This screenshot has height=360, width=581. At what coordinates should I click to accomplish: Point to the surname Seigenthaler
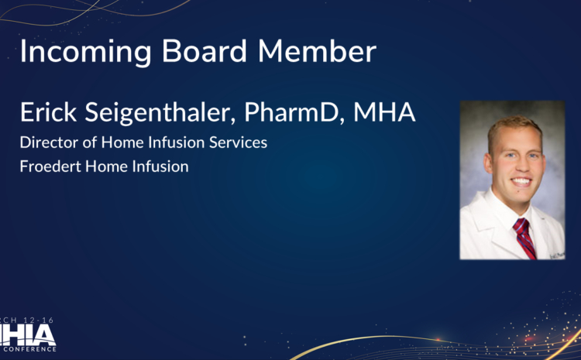coord(160,114)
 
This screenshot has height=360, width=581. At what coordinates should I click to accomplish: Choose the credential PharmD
coord(295,113)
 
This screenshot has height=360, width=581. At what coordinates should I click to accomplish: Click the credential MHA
coord(385,113)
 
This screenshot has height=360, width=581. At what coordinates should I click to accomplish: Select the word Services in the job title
coord(240,142)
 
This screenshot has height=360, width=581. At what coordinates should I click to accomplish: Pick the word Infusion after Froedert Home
coord(160,166)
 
